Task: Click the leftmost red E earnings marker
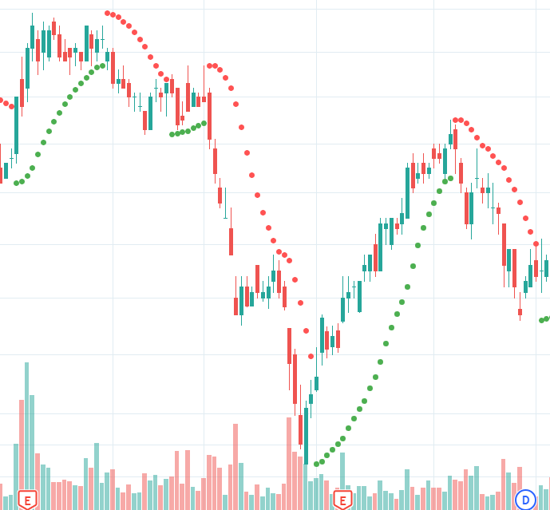click(x=27, y=500)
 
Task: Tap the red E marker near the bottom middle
click(x=342, y=500)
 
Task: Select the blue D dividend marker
click(x=525, y=500)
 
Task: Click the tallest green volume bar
click(x=26, y=436)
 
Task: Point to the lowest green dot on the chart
click(x=316, y=464)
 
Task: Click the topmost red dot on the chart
click(x=107, y=13)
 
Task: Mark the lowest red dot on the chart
click(x=311, y=356)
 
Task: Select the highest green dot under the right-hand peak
click(x=450, y=178)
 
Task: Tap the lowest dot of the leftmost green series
click(x=16, y=183)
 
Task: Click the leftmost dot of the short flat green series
click(x=172, y=134)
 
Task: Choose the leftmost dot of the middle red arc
click(x=209, y=65)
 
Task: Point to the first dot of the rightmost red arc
click(x=455, y=120)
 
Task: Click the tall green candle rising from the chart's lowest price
click(x=306, y=435)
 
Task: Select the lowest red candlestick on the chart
click(x=300, y=429)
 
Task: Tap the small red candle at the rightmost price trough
click(x=520, y=312)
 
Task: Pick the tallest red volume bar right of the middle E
click(x=503, y=484)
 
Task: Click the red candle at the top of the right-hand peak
click(x=455, y=138)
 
